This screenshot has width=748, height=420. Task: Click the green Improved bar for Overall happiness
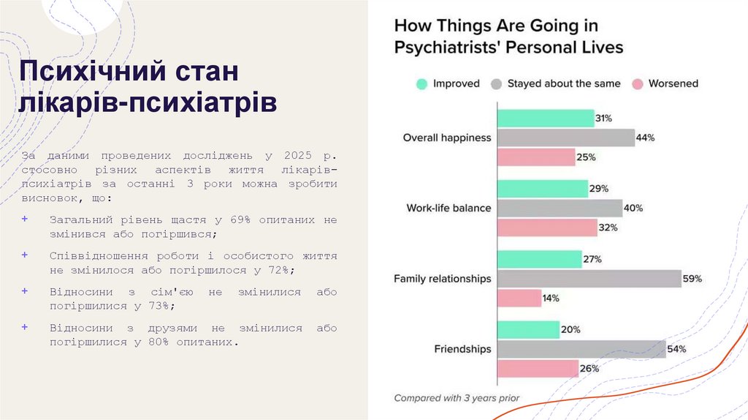tap(545, 119)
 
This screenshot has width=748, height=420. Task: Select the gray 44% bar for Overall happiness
tap(565, 138)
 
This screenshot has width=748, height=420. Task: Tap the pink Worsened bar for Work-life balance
tap(547, 228)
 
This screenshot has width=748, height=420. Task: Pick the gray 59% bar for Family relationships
tap(589, 279)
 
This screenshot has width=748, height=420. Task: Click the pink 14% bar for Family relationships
tap(519, 298)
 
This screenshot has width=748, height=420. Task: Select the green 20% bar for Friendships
tap(528, 330)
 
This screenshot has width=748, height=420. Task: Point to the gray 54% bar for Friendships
tap(581, 350)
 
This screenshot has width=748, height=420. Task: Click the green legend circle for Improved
tap(421, 84)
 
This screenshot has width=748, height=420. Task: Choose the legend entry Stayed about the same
tap(563, 84)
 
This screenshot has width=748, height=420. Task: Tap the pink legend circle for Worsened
tap(637, 84)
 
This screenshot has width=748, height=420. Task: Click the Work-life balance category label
tap(449, 209)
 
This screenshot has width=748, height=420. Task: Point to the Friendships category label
tap(462, 349)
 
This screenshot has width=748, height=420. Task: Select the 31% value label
tap(603, 119)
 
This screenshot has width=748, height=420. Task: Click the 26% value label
tap(589, 369)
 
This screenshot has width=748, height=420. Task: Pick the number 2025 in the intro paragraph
tap(294, 156)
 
